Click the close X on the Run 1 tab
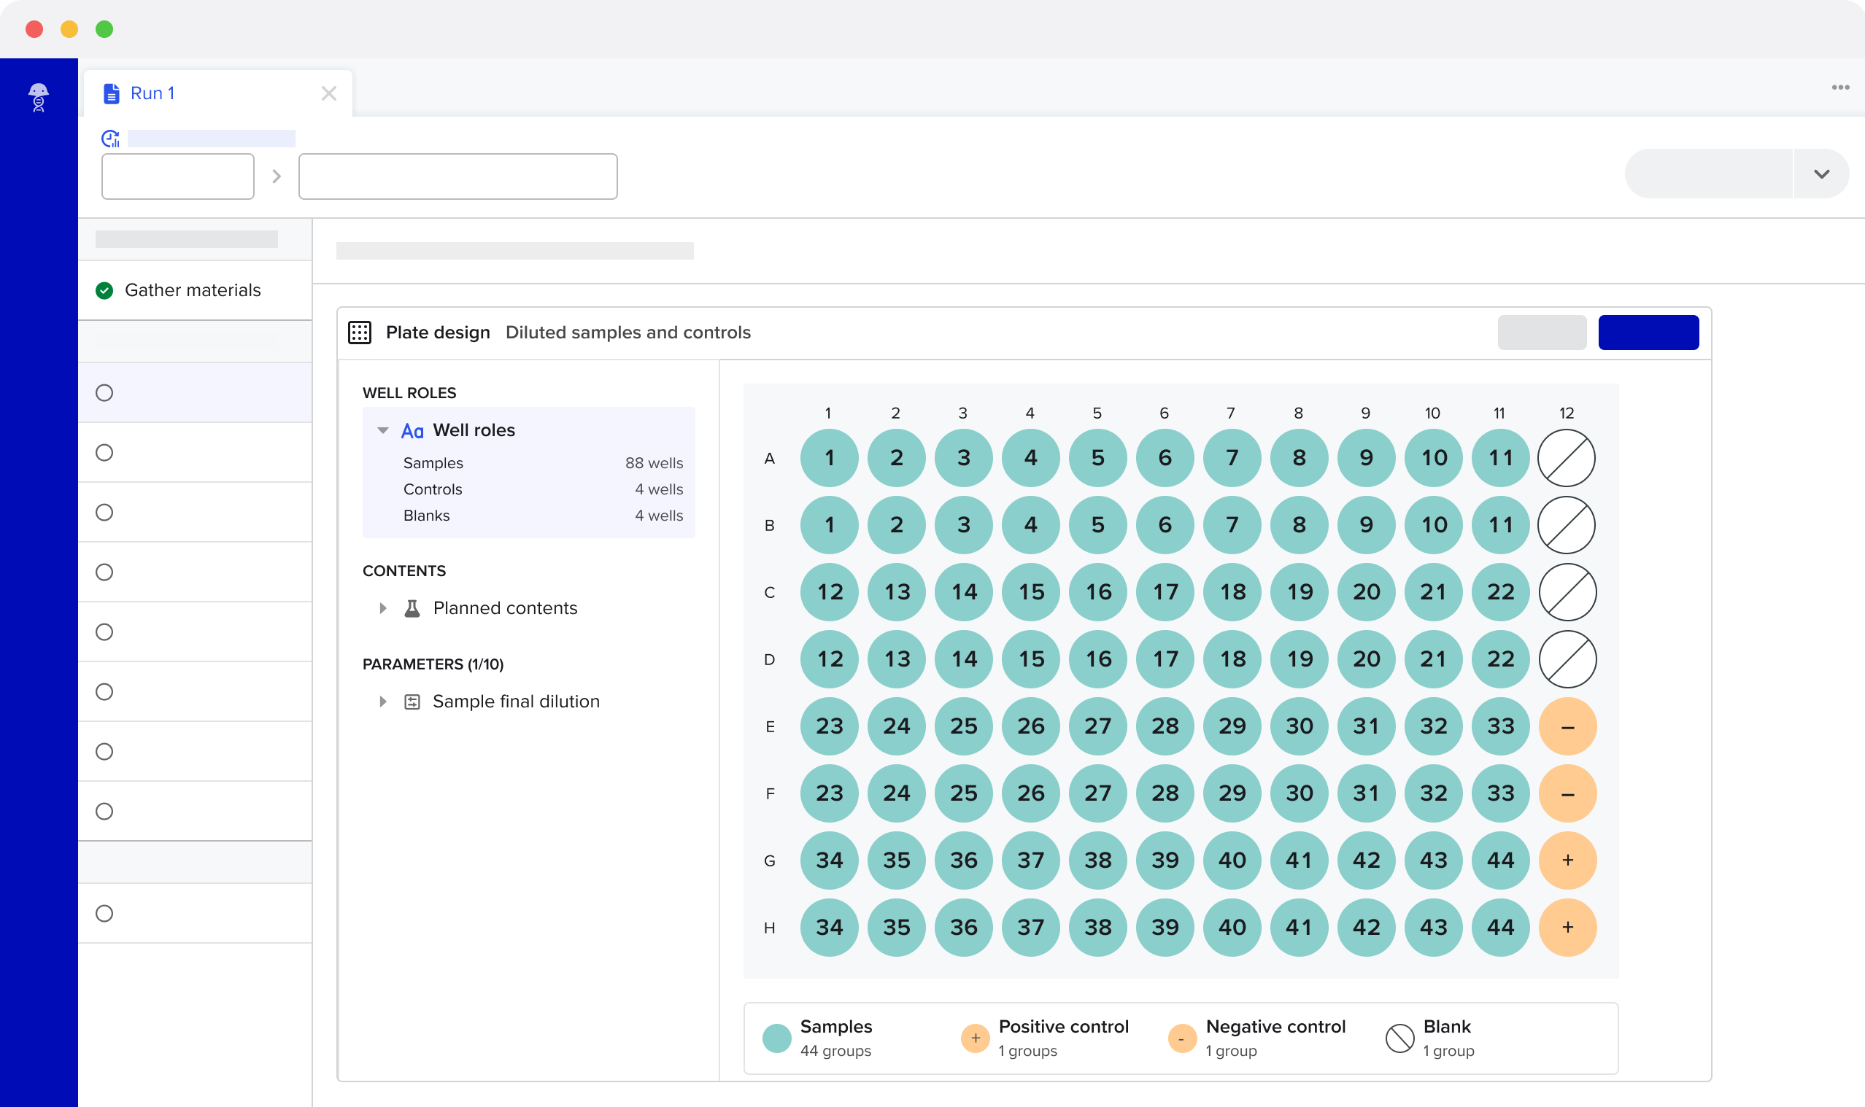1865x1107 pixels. [328, 93]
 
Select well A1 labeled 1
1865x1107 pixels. [829, 458]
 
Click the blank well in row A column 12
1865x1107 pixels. [1567, 458]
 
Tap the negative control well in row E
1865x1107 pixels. [1567, 726]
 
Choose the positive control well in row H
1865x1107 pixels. [1567, 927]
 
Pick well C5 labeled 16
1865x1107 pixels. [1098, 592]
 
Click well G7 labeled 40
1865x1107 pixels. [1232, 860]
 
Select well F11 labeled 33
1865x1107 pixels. [1500, 793]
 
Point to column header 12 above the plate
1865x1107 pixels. [1567, 413]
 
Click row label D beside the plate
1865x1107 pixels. [770, 659]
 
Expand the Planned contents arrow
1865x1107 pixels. [383, 608]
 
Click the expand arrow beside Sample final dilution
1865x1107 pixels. [383, 702]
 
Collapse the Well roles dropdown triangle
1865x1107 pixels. [383, 430]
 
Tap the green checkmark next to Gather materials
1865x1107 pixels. [104, 290]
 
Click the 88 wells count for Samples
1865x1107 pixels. [654, 463]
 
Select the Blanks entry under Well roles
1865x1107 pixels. [426, 516]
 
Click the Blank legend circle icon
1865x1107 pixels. [1399, 1038]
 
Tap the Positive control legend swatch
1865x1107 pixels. [975, 1038]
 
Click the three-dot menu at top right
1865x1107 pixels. [1840, 88]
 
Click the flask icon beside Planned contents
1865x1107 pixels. [412, 608]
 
